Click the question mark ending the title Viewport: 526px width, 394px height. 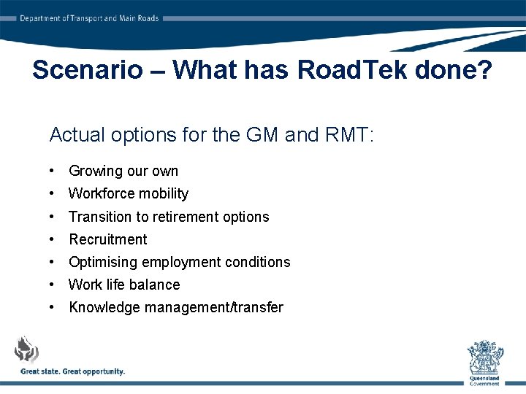pos(484,70)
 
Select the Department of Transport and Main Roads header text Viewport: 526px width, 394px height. pos(89,18)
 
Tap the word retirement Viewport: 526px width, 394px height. pos(169,217)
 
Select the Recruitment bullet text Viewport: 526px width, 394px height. pos(108,239)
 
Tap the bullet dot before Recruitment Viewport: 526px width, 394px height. pos(53,239)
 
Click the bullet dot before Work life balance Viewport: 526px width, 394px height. pos(53,285)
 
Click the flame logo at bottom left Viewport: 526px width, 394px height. pos(27,349)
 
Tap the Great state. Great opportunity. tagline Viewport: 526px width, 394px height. pos(73,371)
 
